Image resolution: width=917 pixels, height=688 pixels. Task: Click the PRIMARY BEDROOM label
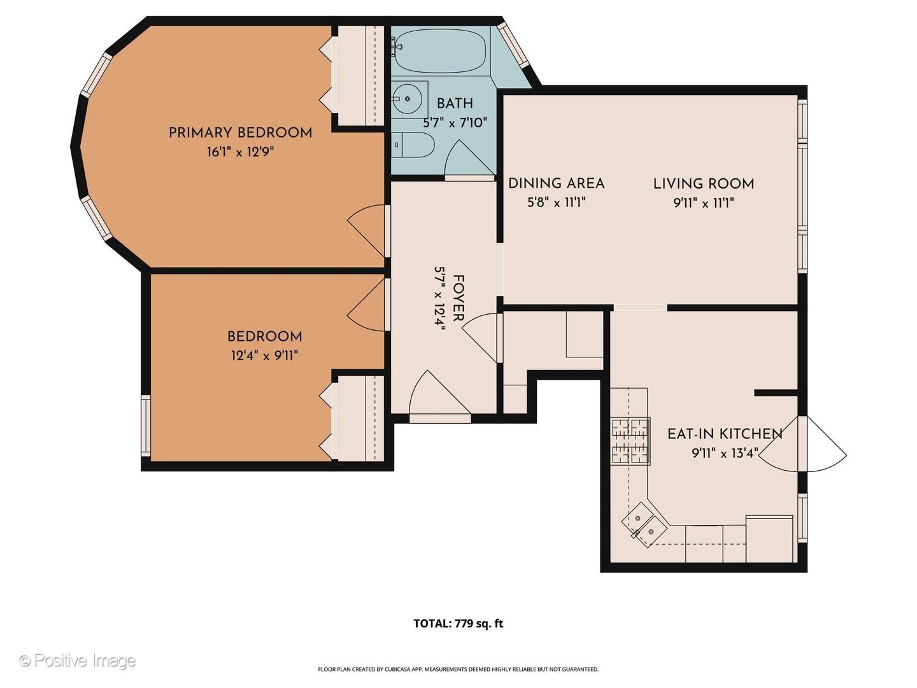pyautogui.click(x=240, y=133)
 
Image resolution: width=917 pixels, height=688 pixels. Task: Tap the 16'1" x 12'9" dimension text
pyautogui.click(x=240, y=152)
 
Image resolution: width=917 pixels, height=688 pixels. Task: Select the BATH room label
pyautogui.click(x=455, y=104)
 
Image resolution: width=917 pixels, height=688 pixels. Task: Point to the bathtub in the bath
pyautogui.click(x=440, y=54)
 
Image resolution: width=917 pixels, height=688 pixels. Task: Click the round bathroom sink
pyautogui.click(x=408, y=99)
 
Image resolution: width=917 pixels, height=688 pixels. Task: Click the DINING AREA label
pyautogui.click(x=556, y=183)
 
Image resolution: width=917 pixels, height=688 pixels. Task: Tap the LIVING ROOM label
pyautogui.click(x=704, y=184)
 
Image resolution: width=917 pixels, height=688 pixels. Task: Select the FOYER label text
pyautogui.click(x=458, y=298)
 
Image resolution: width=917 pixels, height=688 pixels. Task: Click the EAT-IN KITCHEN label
pyautogui.click(x=725, y=434)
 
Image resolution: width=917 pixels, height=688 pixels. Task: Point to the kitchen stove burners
pyautogui.click(x=630, y=441)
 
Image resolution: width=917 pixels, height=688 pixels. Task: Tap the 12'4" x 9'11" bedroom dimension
pyautogui.click(x=265, y=355)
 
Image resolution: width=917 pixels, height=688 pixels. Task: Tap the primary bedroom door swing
pyautogui.click(x=366, y=231)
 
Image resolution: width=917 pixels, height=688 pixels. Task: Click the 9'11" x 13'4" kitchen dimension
pyautogui.click(x=725, y=453)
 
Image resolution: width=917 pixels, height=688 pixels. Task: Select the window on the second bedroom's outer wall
pyautogui.click(x=146, y=426)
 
